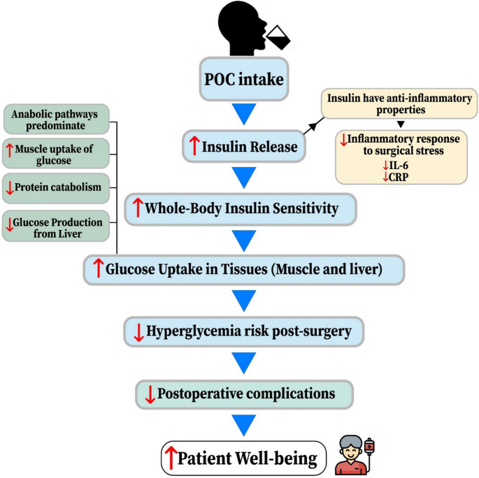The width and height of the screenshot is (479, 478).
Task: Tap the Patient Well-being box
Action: [240, 457]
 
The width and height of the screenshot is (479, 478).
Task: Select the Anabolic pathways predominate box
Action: [56, 119]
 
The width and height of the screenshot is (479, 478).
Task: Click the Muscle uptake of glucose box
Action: [56, 154]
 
